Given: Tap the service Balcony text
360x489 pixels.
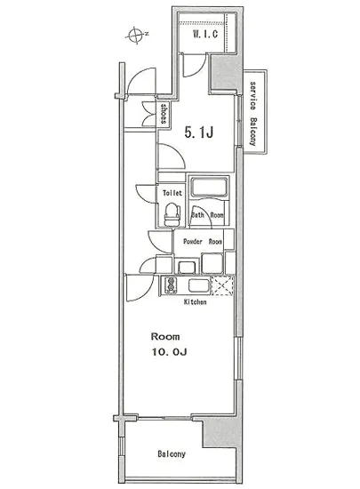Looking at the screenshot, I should tap(253, 113).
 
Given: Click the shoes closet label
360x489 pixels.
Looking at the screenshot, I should tap(165, 114).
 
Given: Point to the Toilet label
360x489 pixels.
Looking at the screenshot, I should tap(172, 192).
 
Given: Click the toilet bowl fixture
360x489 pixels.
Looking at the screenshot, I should tap(172, 213).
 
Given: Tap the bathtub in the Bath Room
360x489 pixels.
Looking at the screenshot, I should tap(211, 189).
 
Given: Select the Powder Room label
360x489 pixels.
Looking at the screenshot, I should tap(203, 242).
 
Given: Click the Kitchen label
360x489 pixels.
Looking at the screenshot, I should tap(196, 302).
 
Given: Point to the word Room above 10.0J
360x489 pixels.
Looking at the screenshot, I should tap(165, 337).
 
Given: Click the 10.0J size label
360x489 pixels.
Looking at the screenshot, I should tap(167, 354).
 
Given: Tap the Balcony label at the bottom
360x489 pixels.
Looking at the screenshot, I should tap(172, 454).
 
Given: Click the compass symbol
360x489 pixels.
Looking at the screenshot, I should tap(135, 35).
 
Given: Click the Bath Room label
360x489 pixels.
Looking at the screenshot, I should tap(208, 215).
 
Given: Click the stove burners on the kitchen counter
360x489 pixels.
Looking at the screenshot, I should tap(169, 285).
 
